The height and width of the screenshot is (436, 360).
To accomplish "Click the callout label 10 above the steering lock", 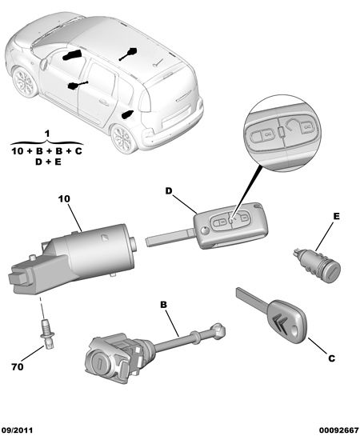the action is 64,199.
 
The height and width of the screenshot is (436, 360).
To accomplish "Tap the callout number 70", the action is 18,367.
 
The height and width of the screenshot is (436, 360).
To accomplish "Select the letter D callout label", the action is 169,190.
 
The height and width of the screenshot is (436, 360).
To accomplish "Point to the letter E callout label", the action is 336,216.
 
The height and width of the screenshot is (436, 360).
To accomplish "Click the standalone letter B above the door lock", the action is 163,305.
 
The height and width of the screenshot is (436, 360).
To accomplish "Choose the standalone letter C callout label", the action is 332,358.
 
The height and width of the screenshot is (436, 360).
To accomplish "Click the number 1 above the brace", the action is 47,134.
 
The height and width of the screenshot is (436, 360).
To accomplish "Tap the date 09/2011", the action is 17,430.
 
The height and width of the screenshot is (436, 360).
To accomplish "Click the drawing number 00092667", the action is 338,430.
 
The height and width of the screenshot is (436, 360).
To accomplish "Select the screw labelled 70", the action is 47,333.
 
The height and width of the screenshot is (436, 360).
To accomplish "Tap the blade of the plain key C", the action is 250,298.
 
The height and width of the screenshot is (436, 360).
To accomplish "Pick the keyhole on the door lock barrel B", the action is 99,363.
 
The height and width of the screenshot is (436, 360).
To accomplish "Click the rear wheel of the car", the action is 124,138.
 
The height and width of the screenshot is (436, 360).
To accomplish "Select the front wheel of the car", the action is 25,82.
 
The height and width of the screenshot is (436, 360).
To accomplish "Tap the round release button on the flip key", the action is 205,230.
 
